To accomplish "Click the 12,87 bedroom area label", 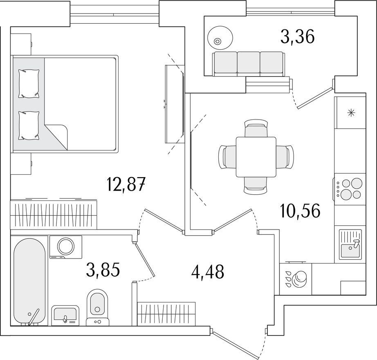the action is [126, 184].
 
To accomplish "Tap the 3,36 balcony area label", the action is [297, 38].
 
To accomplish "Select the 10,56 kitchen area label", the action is [300, 211].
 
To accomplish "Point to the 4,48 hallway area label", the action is [208, 272].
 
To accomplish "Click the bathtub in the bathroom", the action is [29, 281].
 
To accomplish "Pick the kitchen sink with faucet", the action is [350, 244].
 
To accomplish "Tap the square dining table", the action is [256, 157].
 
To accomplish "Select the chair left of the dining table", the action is [227, 157].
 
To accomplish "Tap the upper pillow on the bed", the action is [29, 84].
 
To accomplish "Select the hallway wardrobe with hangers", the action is [166, 314].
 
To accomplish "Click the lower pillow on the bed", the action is [29, 125].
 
